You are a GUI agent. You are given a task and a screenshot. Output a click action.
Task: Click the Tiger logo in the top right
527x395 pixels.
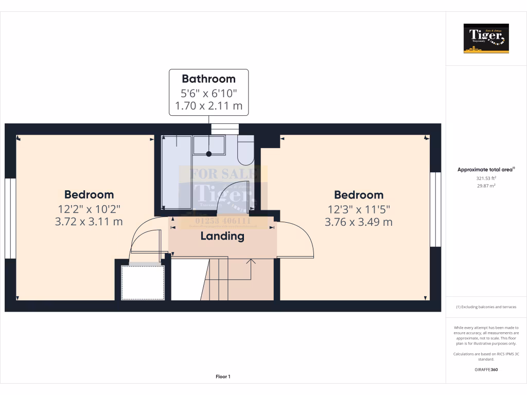(x=486, y=39)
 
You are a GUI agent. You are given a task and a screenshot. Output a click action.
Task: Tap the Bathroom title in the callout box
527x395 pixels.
(x=208, y=79)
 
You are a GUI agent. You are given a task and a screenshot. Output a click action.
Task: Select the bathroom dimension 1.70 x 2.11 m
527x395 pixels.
(x=208, y=107)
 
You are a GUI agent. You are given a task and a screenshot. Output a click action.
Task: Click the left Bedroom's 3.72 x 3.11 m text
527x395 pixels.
(x=89, y=222)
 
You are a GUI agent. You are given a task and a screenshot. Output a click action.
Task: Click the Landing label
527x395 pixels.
(x=222, y=236)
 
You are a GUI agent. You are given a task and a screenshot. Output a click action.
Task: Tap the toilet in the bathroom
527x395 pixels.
(x=246, y=149)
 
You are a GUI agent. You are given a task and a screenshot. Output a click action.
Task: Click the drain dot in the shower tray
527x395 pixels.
(x=209, y=154)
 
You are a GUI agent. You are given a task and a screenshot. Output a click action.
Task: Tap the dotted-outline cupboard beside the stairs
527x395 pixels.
(x=143, y=282)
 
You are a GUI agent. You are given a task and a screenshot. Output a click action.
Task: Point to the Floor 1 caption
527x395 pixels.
(x=223, y=376)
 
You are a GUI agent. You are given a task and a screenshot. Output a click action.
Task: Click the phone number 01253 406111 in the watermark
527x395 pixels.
(x=223, y=221)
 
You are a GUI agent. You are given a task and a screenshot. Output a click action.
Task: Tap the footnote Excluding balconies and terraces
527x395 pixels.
(x=486, y=307)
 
